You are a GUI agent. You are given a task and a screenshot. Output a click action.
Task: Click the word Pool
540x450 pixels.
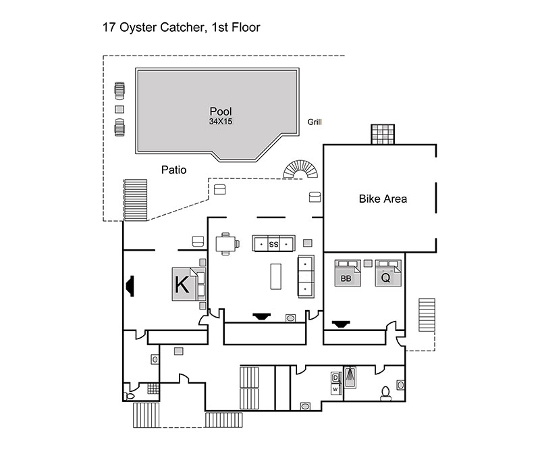(221, 111)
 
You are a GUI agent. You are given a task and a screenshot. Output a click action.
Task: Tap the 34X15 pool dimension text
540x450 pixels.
(221, 122)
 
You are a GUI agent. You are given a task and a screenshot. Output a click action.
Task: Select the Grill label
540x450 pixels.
(315, 122)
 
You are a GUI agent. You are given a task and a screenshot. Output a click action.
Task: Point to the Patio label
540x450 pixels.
(173, 170)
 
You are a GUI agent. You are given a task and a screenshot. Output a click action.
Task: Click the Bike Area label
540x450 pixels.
(383, 199)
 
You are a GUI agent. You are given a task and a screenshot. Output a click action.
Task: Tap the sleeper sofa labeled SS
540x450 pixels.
(273, 243)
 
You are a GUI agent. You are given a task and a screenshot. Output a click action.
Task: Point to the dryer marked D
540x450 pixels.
(335, 377)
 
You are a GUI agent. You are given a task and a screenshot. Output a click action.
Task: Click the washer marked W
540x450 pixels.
(335, 389)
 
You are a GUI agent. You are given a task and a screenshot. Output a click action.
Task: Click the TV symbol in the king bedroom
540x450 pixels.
(129, 286)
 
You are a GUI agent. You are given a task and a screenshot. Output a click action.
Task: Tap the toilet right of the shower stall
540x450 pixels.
(385, 392)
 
